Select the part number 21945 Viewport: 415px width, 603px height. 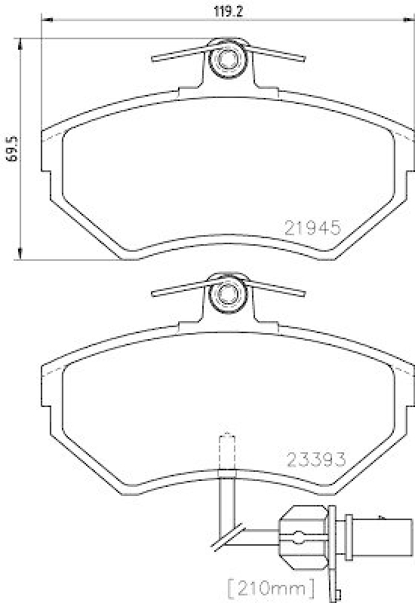click(x=313, y=225)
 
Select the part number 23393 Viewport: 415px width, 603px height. click(x=315, y=458)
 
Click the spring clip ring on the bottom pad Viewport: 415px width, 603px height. click(x=226, y=294)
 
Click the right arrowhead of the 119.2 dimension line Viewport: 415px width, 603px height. click(x=408, y=21)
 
